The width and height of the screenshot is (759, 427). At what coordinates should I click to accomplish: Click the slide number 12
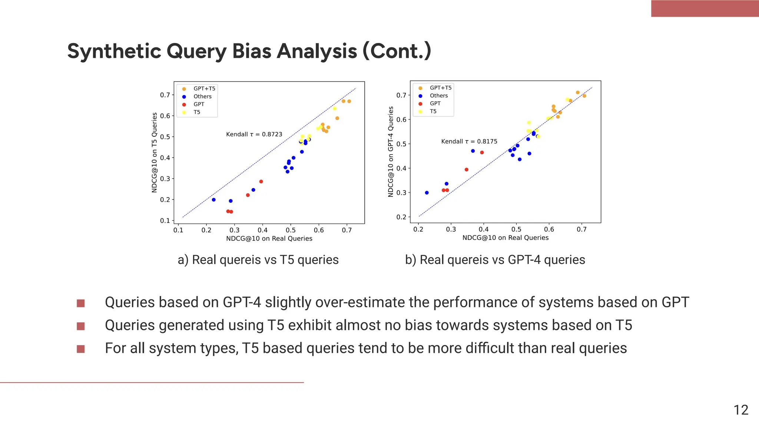click(740, 410)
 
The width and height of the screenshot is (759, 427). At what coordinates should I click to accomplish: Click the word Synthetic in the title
click(113, 51)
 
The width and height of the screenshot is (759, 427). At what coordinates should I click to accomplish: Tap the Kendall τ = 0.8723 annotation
click(254, 134)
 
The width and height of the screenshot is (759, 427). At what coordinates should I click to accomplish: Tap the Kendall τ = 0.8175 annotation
click(469, 141)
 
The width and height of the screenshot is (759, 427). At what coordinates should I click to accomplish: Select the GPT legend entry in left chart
click(199, 104)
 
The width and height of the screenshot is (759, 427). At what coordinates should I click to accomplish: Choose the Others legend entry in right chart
click(438, 96)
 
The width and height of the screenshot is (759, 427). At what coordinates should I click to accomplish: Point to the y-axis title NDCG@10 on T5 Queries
click(155, 152)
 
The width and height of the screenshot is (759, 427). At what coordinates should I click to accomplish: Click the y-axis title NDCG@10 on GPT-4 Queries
click(391, 152)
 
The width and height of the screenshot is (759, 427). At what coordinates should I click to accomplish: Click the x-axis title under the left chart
click(269, 238)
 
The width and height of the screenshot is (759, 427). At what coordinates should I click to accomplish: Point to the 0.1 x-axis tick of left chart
click(178, 230)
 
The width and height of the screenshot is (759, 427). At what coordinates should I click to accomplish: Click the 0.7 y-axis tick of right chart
click(401, 95)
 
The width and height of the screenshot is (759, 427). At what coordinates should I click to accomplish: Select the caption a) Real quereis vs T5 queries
click(258, 259)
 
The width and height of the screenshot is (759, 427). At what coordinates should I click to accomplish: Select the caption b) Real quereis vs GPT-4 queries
click(495, 259)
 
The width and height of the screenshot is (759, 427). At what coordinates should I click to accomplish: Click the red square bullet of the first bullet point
click(81, 303)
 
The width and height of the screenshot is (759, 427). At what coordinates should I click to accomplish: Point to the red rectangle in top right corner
click(705, 9)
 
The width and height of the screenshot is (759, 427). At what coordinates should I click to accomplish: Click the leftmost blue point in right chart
click(427, 193)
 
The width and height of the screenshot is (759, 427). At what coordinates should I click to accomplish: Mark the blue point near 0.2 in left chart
click(213, 200)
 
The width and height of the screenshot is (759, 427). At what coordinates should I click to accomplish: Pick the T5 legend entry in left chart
click(197, 112)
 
